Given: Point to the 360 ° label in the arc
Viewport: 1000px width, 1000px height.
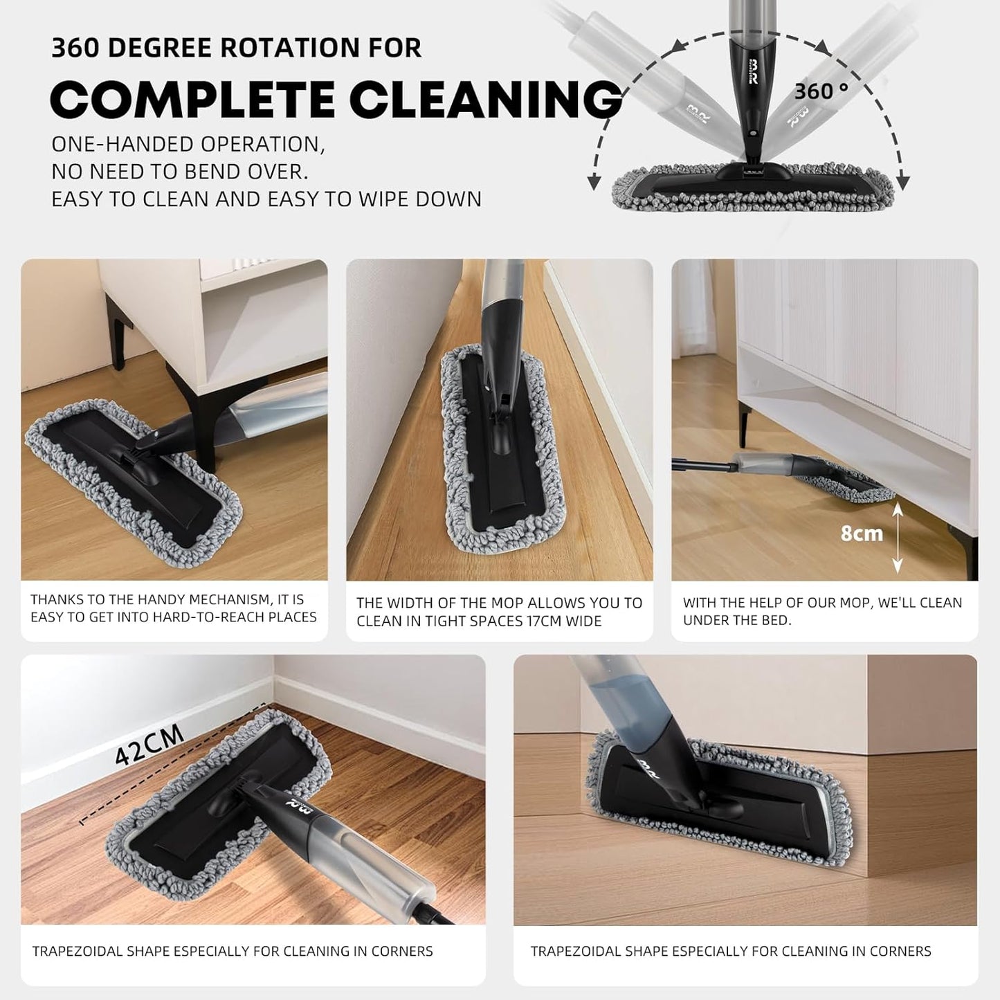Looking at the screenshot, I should coord(821,91).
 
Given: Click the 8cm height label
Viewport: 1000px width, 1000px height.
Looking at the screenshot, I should coord(862,534).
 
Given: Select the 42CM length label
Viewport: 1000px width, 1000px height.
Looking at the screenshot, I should coord(149,746).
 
